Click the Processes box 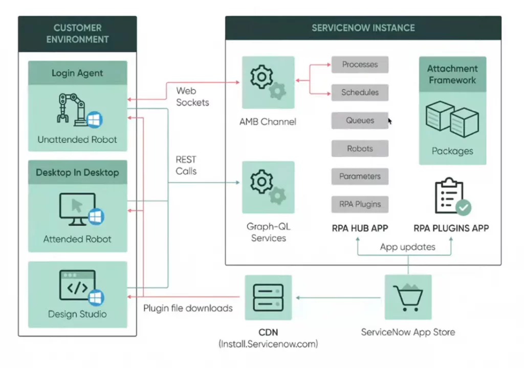(x=360, y=64)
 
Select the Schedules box (x=360, y=93)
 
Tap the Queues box (x=360, y=121)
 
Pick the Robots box (x=360, y=148)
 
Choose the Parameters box (x=360, y=176)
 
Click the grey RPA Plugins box (x=360, y=204)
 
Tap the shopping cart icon (x=408, y=297)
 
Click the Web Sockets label (x=192, y=97)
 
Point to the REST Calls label (x=186, y=165)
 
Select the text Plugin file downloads (x=188, y=308)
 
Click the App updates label (x=407, y=247)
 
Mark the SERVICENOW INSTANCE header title (x=363, y=28)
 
